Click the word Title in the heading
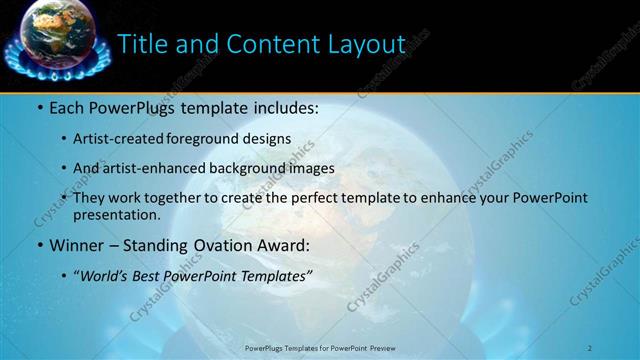click(x=143, y=44)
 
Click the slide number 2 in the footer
click(x=590, y=347)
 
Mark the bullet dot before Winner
click(x=39, y=246)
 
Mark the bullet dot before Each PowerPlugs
click(x=39, y=107)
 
